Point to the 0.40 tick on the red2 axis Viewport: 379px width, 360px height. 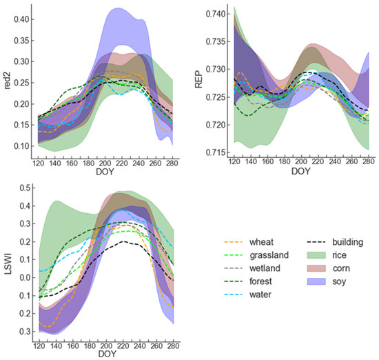tap(23, 19)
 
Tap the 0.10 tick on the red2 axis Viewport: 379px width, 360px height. tap(23, 146)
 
